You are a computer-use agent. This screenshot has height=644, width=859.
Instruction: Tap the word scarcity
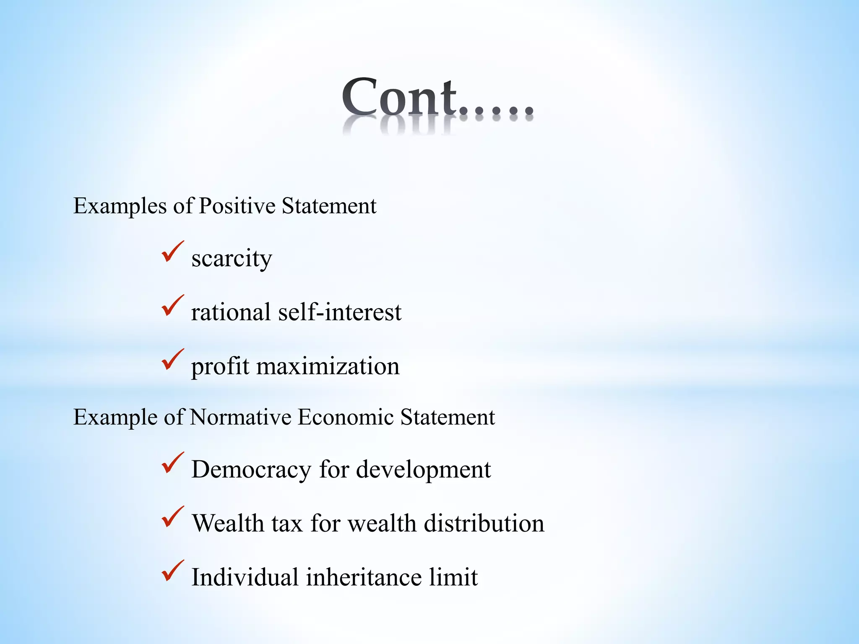232,258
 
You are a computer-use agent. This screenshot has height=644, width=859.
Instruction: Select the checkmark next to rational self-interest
172,306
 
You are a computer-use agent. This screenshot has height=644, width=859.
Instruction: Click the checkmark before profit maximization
172,360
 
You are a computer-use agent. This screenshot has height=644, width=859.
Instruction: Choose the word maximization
328,366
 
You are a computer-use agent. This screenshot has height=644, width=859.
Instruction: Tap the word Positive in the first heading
237,206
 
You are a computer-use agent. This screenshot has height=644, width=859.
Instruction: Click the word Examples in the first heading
120,206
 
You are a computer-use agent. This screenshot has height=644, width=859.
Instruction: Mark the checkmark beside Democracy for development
172,463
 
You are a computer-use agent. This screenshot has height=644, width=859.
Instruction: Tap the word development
423,470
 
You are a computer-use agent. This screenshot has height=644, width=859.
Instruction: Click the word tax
287,523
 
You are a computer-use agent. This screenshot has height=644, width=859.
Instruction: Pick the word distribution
484,523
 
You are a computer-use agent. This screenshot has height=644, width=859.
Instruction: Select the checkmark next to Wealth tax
172,517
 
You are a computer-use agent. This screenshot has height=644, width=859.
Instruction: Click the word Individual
245,577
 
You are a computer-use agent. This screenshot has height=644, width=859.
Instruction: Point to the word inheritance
363,577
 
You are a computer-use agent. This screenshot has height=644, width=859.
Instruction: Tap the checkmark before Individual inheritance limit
172,571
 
